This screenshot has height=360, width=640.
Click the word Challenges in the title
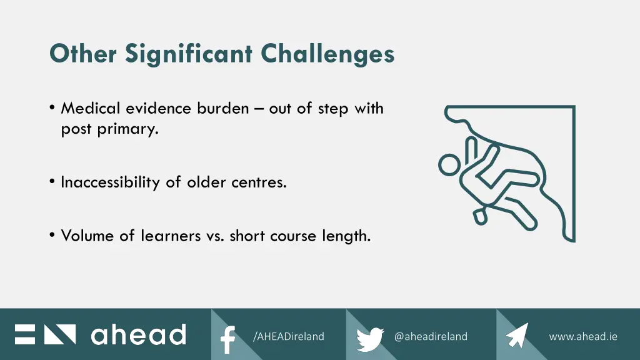(327, 54)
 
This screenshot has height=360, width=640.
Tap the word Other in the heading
(83, 54)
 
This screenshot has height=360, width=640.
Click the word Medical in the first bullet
(91, 108)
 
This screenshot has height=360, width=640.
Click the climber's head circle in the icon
(449, 166)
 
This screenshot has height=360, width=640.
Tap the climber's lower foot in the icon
(480, 216)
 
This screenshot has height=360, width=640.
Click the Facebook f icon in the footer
(228, 338)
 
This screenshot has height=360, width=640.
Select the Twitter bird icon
(370, 338)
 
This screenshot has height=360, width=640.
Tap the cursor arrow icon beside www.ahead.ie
(517, 336)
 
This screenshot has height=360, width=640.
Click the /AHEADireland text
(288, 336)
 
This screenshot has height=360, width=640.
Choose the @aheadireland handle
(431, 336)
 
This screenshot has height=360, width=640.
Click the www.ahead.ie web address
(582, 336)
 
